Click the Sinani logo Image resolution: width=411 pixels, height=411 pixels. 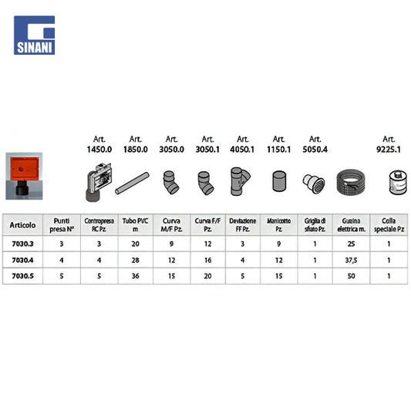point(35,35)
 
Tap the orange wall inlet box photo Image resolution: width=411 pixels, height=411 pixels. point(24,176)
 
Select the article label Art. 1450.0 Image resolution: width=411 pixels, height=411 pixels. point(99,144)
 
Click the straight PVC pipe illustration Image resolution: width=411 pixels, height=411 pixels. point(132,183)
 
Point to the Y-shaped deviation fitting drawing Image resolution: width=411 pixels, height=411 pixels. point(240,181)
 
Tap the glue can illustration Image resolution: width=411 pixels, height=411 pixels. point(398,183)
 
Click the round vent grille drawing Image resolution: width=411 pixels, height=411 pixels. point(314,184)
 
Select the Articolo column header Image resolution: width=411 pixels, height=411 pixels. point(22,225)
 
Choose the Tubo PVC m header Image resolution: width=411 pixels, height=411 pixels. point(135,225)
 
